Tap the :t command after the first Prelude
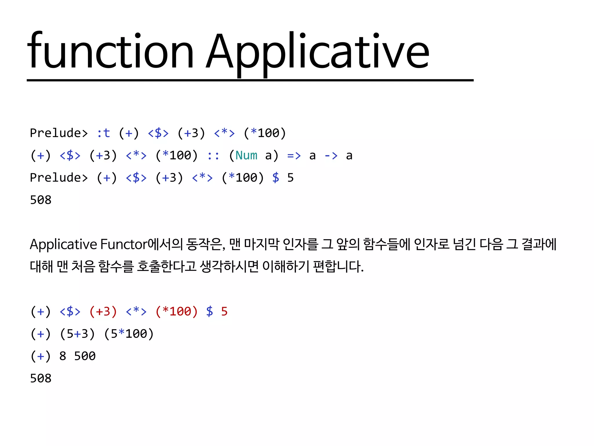pyautogui.click(x=103, y=133)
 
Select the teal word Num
pyautogui.click(x=246, y=156)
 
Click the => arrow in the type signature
pyautogui.click(x=294, y=156)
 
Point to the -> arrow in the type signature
pyautogui.click(x=331, y=156)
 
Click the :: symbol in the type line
pyautogui.click(x=213, y=156)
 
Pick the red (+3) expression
pyautogui.click(x=103, y=312)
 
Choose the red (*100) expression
pyautogui.click(x=177, y=312)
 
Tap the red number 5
pyautogui.click(x=224, y=312)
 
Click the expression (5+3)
pyautogui.click(x=77, y=334)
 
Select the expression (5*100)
pyautogui.click(x=129, y=334)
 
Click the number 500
pyautogui.click(x=85, y=356)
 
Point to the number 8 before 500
pyautogui.click(x=63, y=356)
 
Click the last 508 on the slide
pyautogui.click(x=41, y=378)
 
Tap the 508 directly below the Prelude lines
pyautogui.click(x=41, y=200)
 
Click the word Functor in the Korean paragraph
pyautogui.click(x=124, y=244)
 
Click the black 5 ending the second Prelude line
pyautogui.click(x=290, y=178)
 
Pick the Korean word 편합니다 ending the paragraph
pyautogui.click(x=338, y=266)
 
